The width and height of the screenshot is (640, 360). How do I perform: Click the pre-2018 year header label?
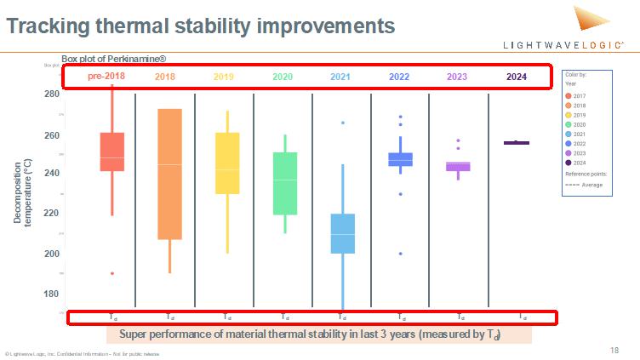[106, 77]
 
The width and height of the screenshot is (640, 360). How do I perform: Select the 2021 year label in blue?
[340, 77]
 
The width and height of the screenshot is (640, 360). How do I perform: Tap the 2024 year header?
[517, 77]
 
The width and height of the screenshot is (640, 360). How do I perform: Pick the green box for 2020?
[285, 183]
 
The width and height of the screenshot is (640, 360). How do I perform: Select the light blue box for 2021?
[342, 233]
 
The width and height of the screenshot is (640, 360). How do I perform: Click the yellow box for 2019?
[226, 163]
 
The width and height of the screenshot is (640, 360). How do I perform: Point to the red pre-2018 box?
[112, 151]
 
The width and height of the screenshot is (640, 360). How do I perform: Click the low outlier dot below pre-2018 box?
[112, 273]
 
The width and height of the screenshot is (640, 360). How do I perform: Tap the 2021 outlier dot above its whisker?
[343, 123]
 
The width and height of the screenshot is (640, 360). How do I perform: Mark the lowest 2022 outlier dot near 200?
[400, 254]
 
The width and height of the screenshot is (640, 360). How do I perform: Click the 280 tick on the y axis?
[52, 94]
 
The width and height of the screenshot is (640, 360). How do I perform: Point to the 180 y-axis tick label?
[52, 294]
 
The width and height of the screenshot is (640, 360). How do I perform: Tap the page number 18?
[614, 350]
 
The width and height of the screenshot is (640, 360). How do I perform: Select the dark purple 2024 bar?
[517, 143]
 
